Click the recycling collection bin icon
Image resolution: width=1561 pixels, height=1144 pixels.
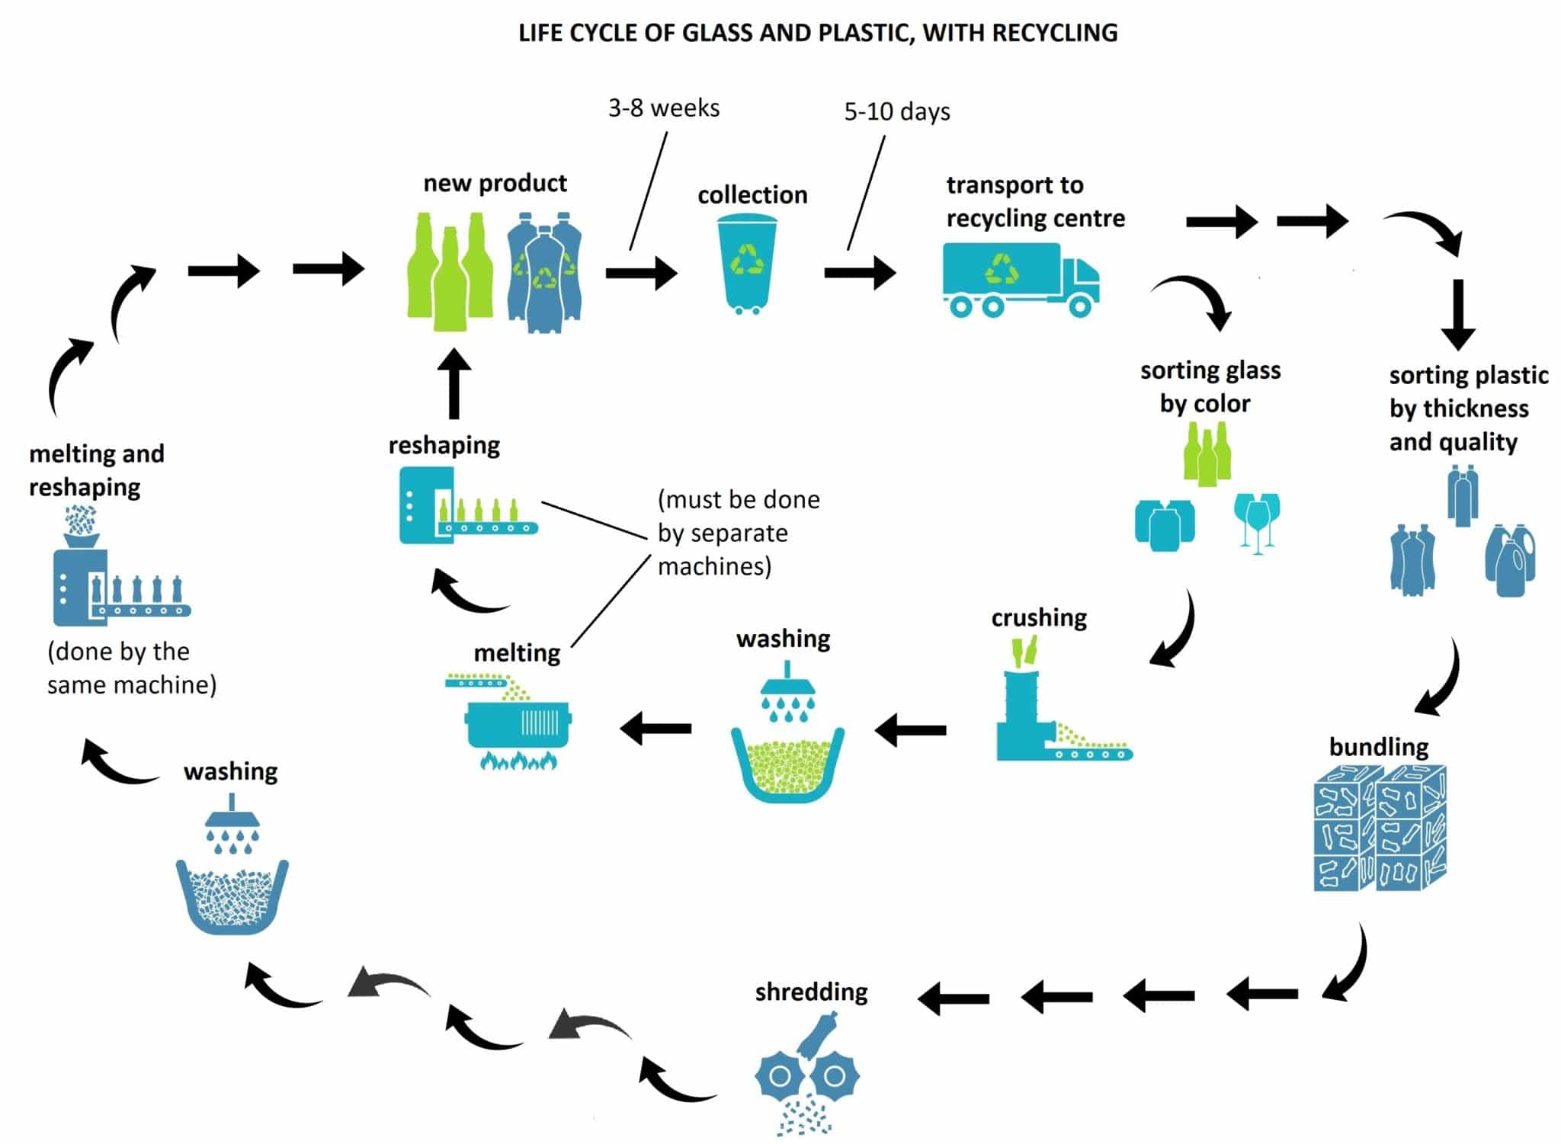click(x=747, y=264)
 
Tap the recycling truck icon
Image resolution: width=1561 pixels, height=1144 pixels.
click(x=1021, y=280)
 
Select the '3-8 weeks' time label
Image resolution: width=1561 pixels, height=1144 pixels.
click(x=664, y=108)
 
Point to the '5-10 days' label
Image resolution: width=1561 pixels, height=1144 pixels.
click(x=897, y=112)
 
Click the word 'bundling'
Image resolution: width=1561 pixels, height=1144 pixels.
click(x=1379, y=747)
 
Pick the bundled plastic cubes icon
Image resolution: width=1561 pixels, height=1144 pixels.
click(x=1380, y=828)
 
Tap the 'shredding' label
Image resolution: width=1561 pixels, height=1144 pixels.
click(x=811, y=992)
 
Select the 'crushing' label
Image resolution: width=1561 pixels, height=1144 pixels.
click(x=1039, y=618)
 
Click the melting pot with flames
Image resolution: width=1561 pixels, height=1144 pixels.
click(x=518, y=721)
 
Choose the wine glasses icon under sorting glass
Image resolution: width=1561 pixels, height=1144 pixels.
click(x=1257, y=522)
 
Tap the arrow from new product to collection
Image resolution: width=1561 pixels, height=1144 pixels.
click(x=641, y=273)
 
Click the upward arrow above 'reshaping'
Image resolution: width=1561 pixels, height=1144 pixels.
click(x=455, y=383)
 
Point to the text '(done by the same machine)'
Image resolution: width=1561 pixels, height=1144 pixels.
click(x=132, y=668)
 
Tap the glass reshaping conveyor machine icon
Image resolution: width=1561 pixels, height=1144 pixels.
click(x=468, y=505)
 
